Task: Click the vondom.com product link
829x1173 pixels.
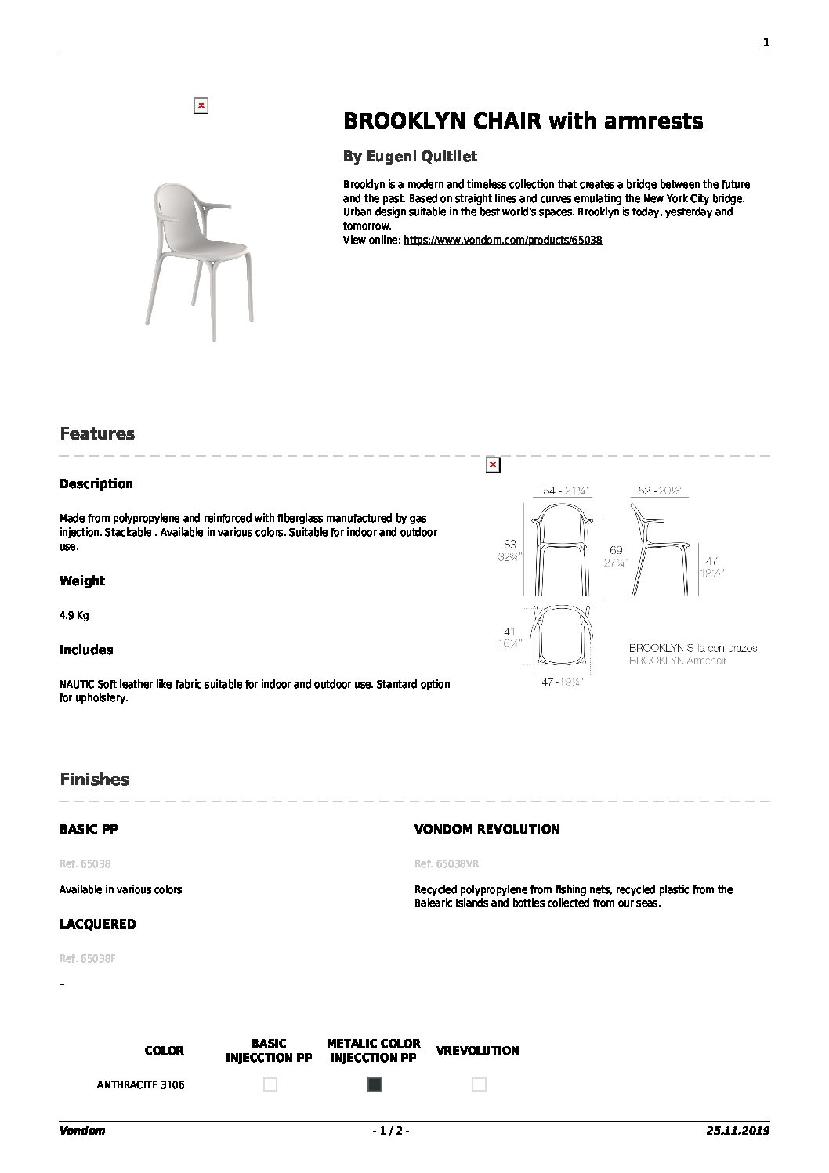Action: coord(502,241)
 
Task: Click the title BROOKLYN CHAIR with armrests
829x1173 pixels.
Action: coord(523,121)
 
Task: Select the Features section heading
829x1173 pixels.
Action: coord(97,434)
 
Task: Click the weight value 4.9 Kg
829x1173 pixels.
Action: coord(74,615)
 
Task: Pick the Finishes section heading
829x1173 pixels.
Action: coord(94,780)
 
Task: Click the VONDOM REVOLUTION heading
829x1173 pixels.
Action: coord(487,829)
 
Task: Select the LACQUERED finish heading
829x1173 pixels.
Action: coord(97,924)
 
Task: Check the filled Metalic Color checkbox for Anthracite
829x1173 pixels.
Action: coord(375,1084)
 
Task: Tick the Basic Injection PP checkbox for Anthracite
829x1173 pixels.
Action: coord(270,1084)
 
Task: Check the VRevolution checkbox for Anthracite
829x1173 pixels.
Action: coord(479,1084)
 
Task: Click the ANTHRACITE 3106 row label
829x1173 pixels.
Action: coord(141,1085)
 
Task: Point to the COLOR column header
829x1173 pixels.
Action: coord(165,1051)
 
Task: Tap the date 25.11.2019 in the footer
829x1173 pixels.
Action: coord(738,1131)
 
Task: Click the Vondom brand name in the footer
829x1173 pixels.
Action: coord(81,1131)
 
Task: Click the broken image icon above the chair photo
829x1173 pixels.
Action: coord(201,106)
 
